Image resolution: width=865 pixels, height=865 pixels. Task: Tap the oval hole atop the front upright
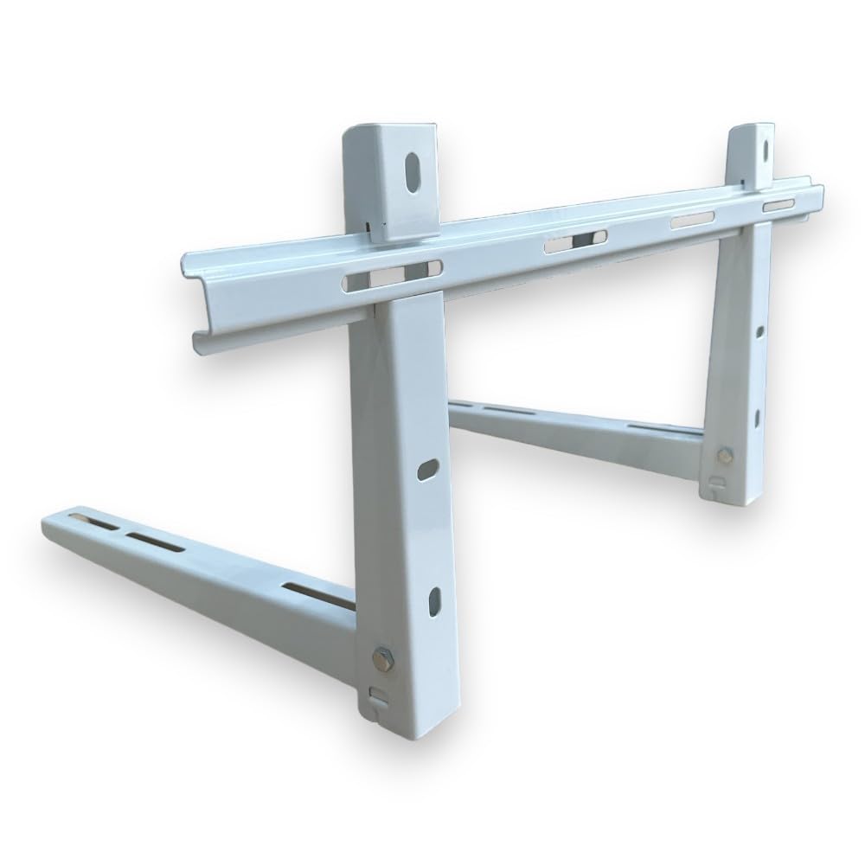click(411, 168)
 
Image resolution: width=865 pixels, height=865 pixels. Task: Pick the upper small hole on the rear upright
click(759, 331)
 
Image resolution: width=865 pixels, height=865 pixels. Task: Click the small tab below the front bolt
click(376, 695)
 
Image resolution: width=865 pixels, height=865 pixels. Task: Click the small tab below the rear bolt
click(719, 482)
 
